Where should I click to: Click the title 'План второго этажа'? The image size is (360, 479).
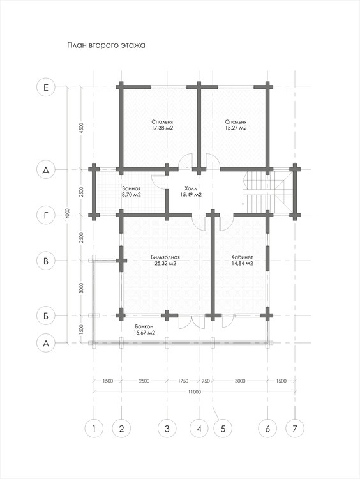[106, 45]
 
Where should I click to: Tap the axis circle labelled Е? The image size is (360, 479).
[46, 87]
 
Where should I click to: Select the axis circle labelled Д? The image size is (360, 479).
[46, 170]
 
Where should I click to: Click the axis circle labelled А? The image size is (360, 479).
[46, 344]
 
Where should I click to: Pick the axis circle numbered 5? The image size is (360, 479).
[223, 429]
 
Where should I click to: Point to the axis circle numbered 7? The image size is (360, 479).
[295, 429]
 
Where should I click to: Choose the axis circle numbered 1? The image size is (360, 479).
[94, 429]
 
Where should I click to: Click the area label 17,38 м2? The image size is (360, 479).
[162, 128]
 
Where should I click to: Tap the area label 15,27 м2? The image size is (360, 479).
[236, 128]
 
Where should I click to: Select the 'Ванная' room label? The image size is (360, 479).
[131, 189]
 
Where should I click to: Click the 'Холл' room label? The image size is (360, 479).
[191, 188]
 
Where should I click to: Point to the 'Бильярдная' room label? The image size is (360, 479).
[165, 257]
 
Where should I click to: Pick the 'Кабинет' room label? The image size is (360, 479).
[242, 257]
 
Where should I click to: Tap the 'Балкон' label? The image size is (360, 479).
[144, 326]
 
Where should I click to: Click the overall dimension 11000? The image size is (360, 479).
[194, 392]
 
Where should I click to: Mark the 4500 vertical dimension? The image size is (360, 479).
[81, 128]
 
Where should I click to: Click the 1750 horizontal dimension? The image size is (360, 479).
[183, 381]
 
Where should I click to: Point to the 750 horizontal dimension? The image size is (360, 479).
[206, 381]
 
